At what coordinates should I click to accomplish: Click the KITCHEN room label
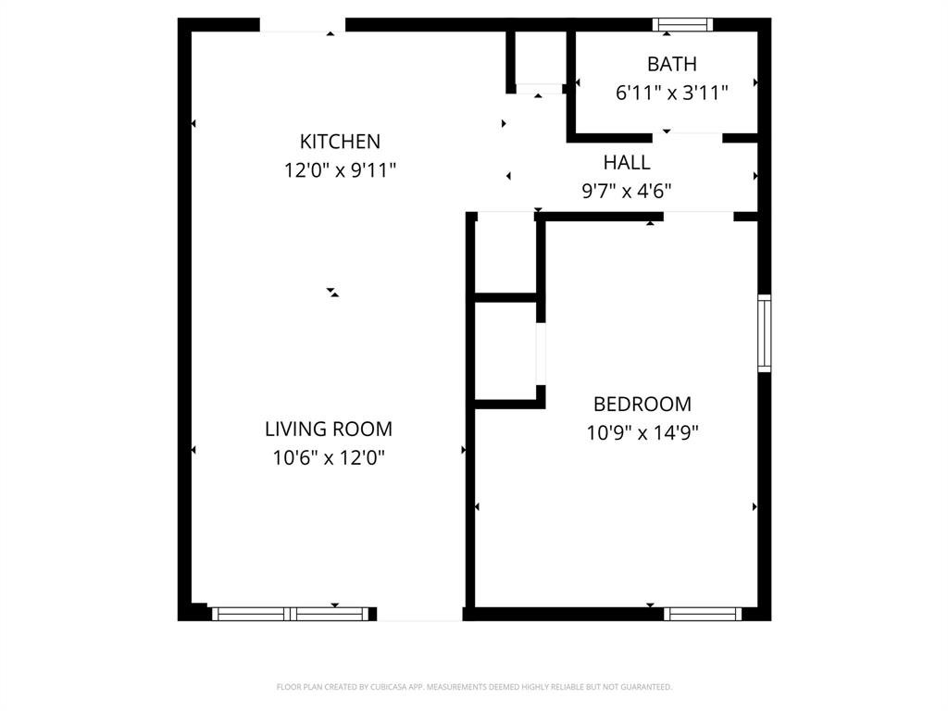pos(340,142)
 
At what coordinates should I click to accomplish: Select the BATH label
pos(671,65)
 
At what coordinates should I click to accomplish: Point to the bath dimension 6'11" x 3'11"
pos(671,93)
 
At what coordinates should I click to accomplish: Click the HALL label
pos(626,163)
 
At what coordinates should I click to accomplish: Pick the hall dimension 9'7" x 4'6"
pos(626,192)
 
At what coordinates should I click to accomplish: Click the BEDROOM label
pos(642,405)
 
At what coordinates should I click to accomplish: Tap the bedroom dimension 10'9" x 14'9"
pos(642,432)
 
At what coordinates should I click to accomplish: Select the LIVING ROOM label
pos(329,430)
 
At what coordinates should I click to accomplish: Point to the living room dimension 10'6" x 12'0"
pos(329,457)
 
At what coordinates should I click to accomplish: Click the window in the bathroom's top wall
pos(683,25)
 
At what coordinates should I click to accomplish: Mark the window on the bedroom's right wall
pos(764,333)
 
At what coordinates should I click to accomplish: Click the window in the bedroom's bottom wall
pos(703,613)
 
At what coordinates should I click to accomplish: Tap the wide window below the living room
pos(291,613)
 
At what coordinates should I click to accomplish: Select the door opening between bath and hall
pos(688,137)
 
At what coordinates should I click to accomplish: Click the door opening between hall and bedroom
pos(698,217)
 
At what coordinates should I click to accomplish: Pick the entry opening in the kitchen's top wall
pos(302,26)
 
